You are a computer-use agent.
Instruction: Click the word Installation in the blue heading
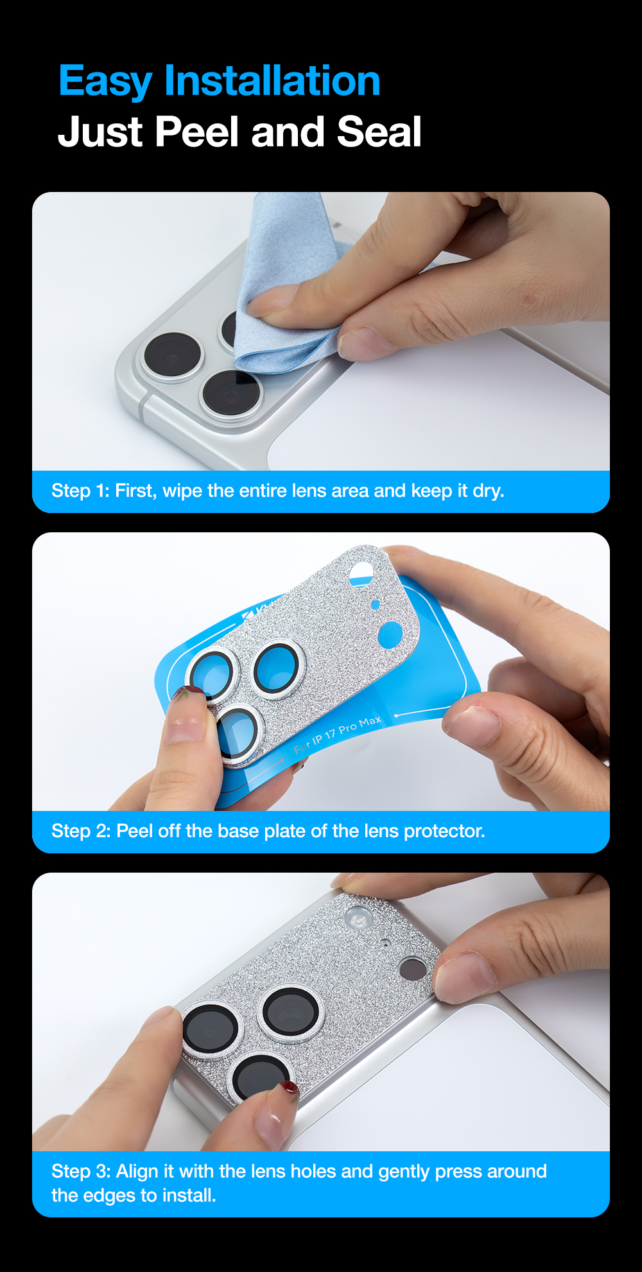coord(272,81)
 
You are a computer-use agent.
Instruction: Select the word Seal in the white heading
coord(379,132)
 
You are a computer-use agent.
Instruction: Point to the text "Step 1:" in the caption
coord(80,491)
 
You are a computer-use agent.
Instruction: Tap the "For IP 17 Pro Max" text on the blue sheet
coord(338,735)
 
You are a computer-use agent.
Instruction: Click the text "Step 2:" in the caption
coord(81,832)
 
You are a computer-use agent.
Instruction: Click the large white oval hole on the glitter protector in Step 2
coord(362,573)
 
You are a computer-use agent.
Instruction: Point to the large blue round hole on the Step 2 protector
coord(390,634)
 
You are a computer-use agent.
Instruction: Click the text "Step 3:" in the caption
coord(81,1172)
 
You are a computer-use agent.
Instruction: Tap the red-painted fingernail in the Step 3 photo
coord(289,1087)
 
